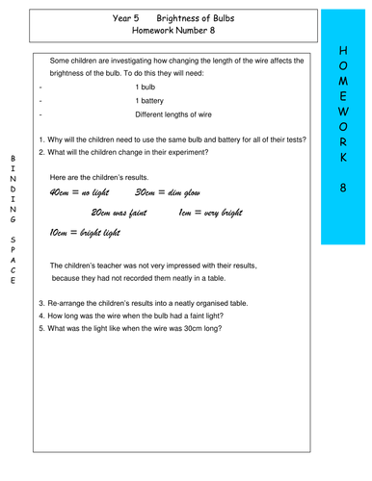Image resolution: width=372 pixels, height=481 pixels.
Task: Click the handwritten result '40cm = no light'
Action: click(82, 192)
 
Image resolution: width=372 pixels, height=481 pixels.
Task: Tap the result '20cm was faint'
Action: click(123, 212)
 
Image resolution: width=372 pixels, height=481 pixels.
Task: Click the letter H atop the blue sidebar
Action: click(344, 48)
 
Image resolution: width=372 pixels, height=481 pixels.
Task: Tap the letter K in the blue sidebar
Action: click(344, 158)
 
